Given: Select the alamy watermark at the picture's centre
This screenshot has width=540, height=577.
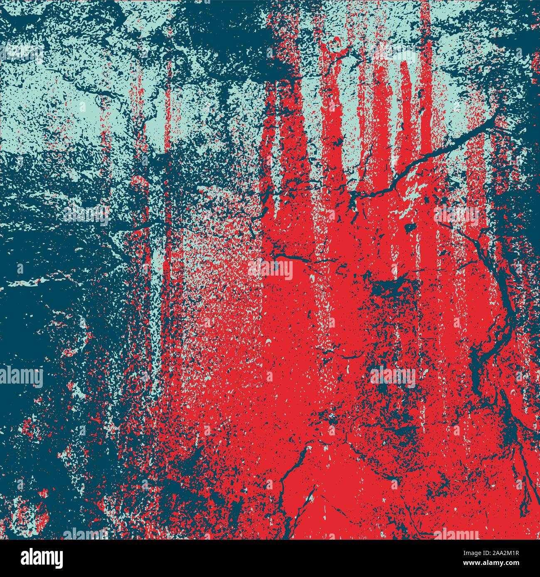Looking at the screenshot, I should pos(271,270).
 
